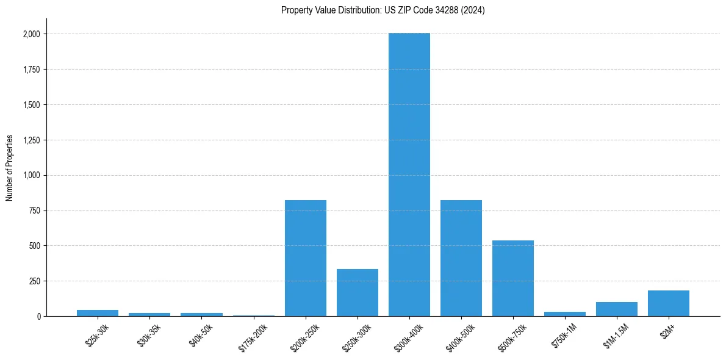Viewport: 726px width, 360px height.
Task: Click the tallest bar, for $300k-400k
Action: point(409,175)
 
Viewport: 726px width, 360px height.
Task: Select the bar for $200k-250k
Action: point(306,258)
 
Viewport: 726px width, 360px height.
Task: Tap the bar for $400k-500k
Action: point(461,258)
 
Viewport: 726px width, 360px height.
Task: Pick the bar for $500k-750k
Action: point(513,278)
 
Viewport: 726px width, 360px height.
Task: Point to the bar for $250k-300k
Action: point(358,293)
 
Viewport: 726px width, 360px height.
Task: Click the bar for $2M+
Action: point(669,303)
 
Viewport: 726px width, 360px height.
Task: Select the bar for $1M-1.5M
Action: point(617,309)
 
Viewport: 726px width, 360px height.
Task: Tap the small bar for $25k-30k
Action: point(98,313)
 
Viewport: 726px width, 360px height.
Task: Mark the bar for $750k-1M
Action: point(565,314)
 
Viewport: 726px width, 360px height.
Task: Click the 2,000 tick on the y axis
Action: point(31,34)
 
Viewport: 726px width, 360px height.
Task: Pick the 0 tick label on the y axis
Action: point(38,316)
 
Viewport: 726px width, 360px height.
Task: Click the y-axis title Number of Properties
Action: point(10,168)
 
